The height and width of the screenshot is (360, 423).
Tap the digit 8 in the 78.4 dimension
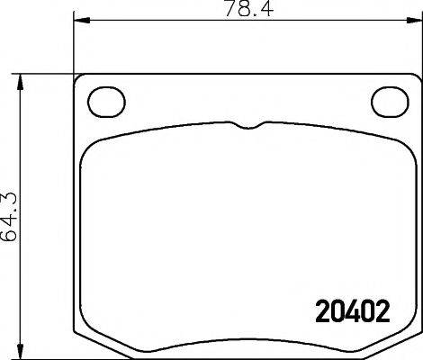234,12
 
